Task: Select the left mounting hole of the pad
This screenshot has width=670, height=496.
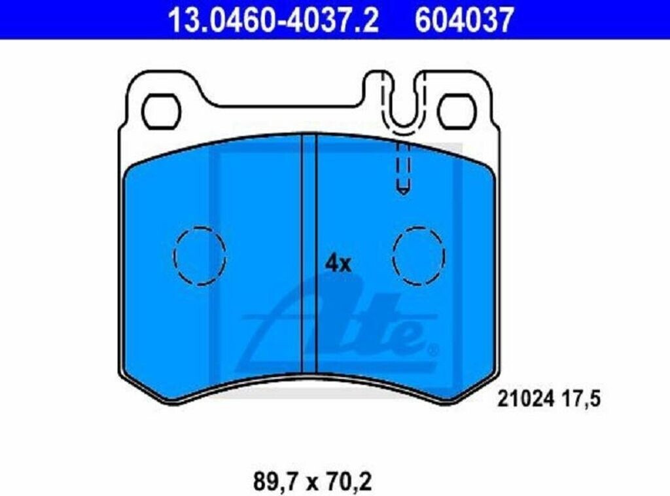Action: point(161,111)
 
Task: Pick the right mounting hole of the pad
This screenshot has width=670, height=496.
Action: point(457,111)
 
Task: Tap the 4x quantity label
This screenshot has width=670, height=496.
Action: point(338,264)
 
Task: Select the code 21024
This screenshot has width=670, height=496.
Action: point(526,400)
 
